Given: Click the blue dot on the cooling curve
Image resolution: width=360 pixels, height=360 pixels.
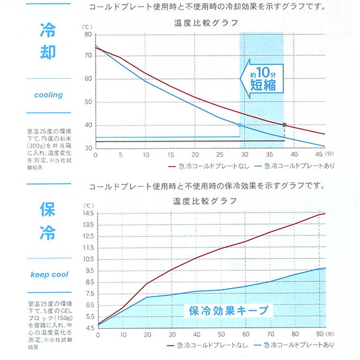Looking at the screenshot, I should (240, 125).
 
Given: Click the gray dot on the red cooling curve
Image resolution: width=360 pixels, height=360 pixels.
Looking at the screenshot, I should (284, 125).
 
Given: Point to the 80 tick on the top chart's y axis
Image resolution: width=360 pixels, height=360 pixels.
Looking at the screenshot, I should (88, 35).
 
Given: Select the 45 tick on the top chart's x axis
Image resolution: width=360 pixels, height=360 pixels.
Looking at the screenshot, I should (317, 155).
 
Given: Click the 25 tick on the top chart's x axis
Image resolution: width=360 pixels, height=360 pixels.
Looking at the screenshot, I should (220, 155).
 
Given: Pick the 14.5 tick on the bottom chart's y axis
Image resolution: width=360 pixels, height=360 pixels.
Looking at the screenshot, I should (88, 213).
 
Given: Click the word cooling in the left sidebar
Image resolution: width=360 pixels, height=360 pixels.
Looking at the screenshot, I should (48, 95).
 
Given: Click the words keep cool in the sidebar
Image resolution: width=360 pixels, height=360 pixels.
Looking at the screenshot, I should (49, 275).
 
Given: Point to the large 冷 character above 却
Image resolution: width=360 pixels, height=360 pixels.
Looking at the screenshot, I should (49, 30).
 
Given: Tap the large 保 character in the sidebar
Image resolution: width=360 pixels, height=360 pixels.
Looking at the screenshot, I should (49, 210).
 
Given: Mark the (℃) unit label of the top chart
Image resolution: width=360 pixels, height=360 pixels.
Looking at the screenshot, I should (87, 26).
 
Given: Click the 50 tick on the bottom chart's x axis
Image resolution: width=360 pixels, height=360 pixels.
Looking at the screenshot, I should (221, 334).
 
